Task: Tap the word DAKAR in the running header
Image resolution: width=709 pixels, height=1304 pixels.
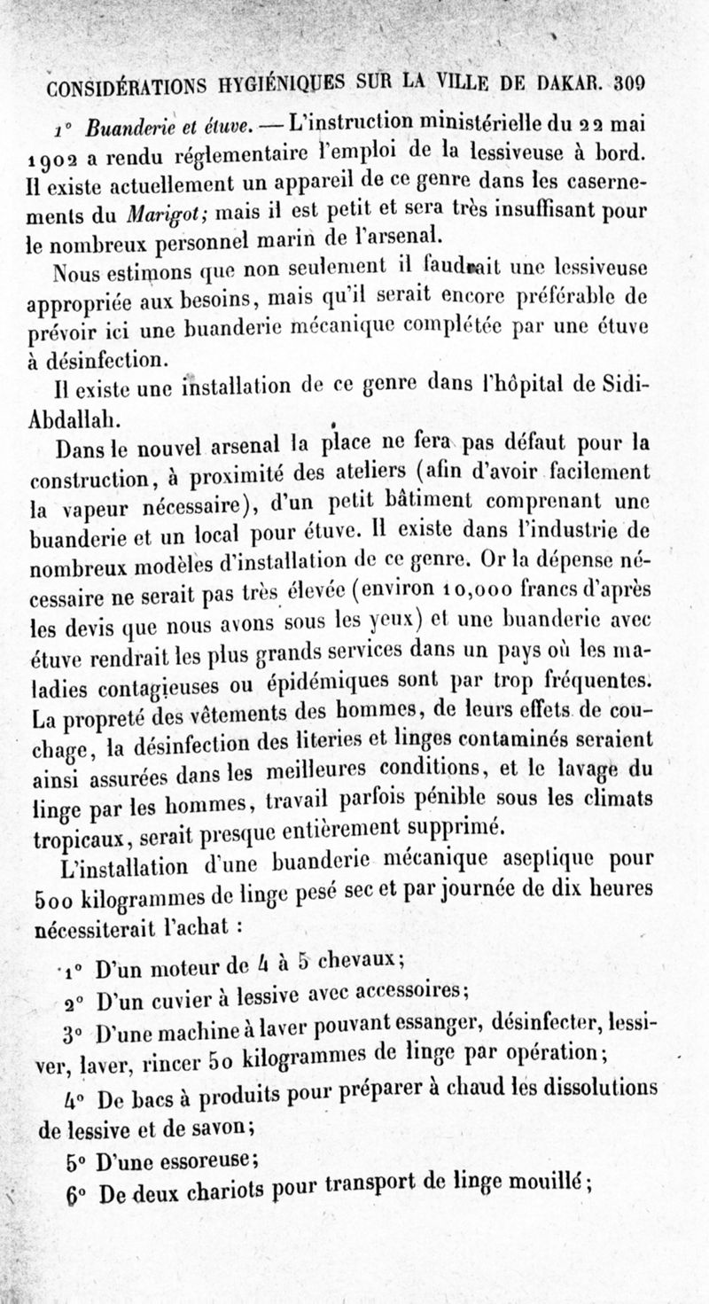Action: point(567,83)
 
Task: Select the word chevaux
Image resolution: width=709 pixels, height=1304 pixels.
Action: point(362,957)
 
